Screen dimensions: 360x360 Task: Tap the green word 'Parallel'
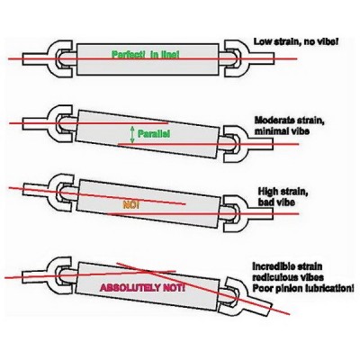(153, 133)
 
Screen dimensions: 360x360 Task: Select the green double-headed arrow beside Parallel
(132, 134)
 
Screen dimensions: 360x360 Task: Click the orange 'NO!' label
(131, 205)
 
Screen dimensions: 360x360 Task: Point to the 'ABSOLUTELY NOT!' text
(142, 288)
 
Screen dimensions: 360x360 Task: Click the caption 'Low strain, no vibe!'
(296, 41)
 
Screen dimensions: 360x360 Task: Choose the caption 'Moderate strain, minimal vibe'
(290, 126)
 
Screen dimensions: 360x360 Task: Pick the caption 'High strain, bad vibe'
(283, 196)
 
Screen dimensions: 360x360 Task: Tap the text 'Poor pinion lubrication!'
(303, 288)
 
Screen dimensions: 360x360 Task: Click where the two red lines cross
(147, 273)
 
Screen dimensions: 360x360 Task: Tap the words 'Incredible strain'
(287, 266)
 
